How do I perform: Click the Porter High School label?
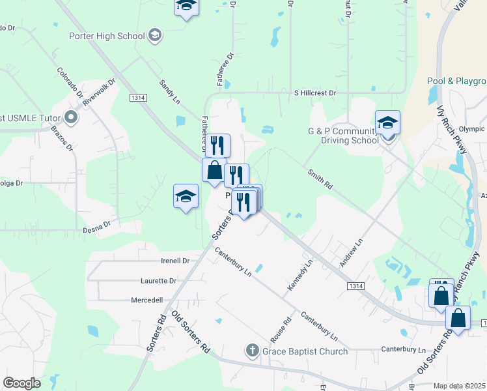[107, 36]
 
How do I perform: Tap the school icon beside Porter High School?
[155, 35]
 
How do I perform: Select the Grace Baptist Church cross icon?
[253, 351]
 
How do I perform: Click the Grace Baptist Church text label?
[305, 352]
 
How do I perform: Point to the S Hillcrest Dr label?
[314, 93]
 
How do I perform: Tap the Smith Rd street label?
[320, 179]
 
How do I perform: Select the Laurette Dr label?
[158, 281]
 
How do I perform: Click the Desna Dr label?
[96, 230]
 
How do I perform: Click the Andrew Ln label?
[350, 253]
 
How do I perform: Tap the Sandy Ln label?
[170, 93]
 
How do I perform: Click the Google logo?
[21, 383]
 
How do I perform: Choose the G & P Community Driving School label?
[342, 136]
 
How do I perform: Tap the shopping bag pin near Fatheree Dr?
[214, 171]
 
